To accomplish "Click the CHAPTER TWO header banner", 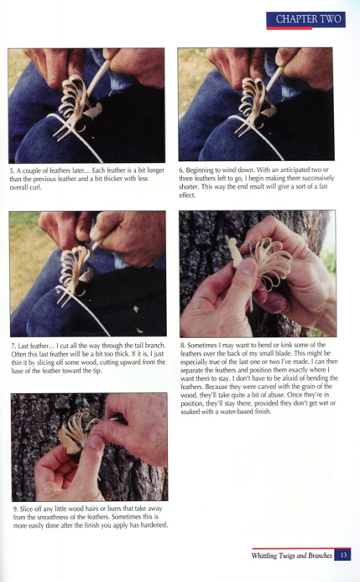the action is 306,19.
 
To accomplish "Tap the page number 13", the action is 343,555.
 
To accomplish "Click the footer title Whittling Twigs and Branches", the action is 292,555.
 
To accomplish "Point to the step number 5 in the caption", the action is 12,170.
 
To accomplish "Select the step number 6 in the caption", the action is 181,170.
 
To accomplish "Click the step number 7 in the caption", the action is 13,346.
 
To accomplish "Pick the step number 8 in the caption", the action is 183,345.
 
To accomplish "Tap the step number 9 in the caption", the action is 15,509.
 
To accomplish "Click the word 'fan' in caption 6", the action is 323,186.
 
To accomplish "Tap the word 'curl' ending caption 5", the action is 36,187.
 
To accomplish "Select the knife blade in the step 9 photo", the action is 119,418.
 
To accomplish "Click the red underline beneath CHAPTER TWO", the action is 289,28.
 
